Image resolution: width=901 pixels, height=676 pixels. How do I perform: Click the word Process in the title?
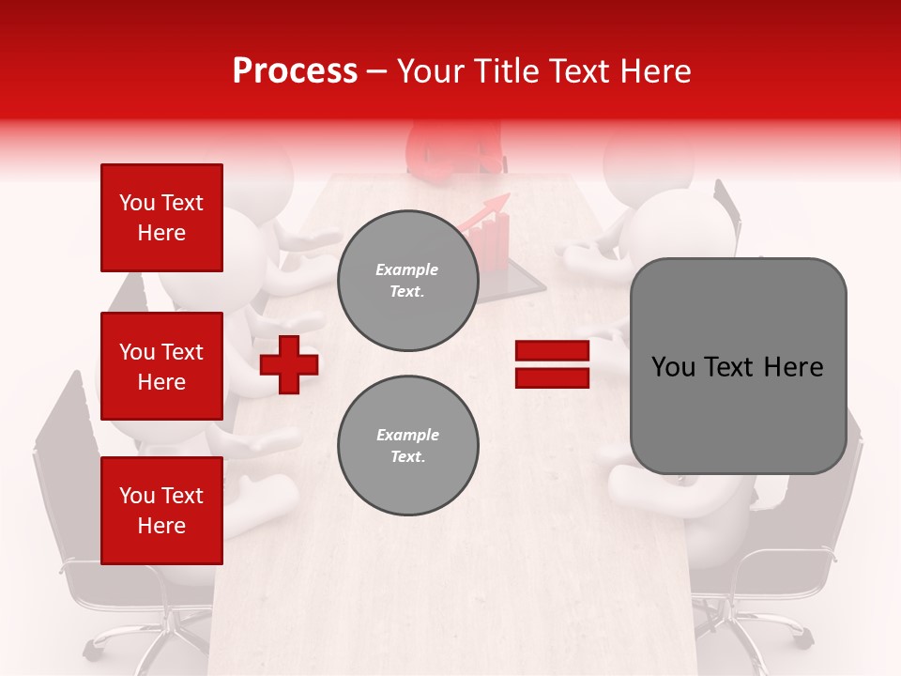click(295, 70)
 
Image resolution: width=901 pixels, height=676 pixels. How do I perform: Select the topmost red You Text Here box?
click(161, 218)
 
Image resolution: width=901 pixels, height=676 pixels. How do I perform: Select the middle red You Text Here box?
click(161, 366)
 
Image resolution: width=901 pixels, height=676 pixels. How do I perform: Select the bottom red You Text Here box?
click(161, 511)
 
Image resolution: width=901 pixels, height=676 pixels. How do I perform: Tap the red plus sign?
click(289, 364)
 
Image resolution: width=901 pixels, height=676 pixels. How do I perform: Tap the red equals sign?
click(552, 364)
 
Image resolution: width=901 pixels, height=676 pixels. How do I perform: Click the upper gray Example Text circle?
click(407, 281)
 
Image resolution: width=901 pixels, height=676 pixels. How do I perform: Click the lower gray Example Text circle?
click(407, 446)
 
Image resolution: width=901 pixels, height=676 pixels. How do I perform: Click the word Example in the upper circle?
click(407, 269)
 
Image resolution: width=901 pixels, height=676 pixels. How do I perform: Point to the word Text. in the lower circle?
click(407, 457)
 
